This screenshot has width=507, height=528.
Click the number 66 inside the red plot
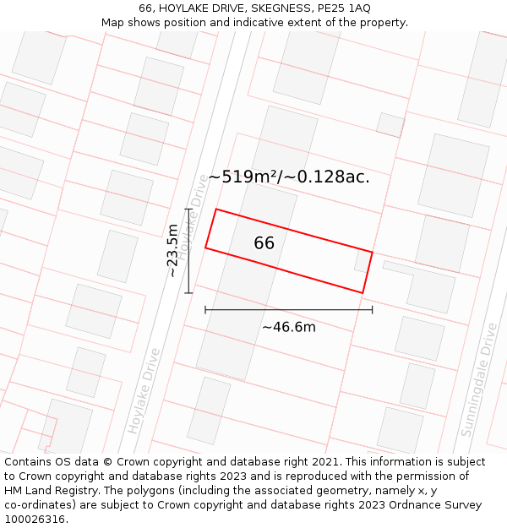tap(264, 243)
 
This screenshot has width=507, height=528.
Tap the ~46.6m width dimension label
tap(288, 327)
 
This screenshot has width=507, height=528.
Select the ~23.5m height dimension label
tap(172, 251)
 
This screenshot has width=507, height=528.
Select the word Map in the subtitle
tap(113, 22)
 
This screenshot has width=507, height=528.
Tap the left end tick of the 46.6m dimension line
tap(205, 310)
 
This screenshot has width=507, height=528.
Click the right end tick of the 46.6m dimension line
tap(372, 310)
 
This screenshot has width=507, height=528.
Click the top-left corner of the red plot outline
tap(216, 209)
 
